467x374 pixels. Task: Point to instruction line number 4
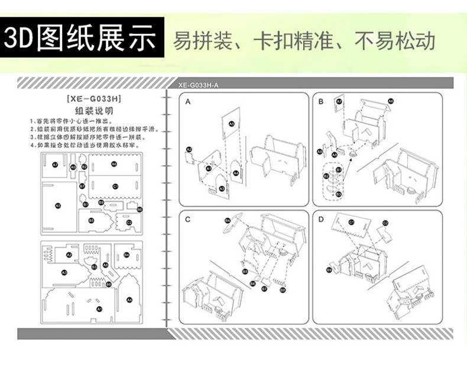point(89,144)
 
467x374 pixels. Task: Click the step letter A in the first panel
point(188,102)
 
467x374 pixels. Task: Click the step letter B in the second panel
point(321,102)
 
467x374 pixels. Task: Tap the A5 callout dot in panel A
point(232,124)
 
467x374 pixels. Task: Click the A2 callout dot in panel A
point(189,150)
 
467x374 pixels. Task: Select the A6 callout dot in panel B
point(391,102)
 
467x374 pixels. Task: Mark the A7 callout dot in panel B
point(339,102)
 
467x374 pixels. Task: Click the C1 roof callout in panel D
point(351,222)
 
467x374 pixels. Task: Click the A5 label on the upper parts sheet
point(57,205)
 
